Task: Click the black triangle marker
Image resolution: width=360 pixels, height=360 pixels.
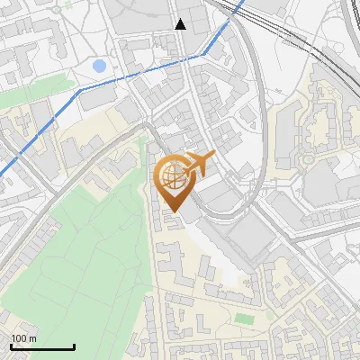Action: coord(181,24)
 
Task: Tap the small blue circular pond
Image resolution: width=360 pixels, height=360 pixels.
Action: coord(99,66)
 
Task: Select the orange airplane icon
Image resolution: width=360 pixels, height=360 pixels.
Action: coord(199,163)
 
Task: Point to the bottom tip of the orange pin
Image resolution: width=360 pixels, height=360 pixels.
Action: coord(174,212)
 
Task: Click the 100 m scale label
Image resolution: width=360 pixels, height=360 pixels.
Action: coord(23,338)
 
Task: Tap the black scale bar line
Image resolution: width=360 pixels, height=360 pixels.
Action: coord(41,346)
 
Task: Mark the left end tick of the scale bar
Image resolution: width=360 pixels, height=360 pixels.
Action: coord(10,345)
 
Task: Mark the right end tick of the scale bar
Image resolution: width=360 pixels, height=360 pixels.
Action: coord(74,345)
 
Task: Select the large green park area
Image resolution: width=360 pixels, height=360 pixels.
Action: coord(81,243)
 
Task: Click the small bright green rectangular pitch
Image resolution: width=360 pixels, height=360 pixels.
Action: coord(244,318)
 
